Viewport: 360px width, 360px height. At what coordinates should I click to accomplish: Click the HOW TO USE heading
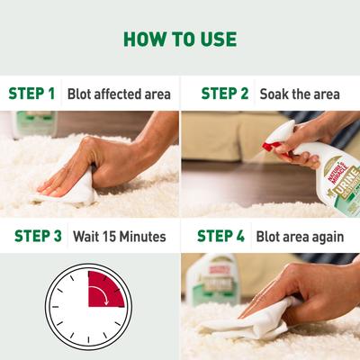click(x=180, y=39)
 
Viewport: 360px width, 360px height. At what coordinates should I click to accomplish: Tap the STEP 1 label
click(x=31, y=93)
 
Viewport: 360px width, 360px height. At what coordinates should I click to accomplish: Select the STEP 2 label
click(x=224, y=93)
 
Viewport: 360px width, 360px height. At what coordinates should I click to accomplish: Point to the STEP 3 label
click(x=37, y=237)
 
